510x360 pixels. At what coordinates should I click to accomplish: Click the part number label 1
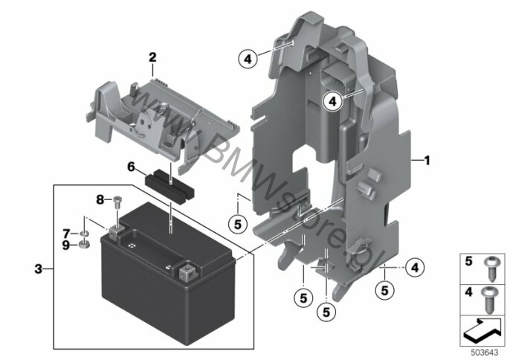[x=427, y=161]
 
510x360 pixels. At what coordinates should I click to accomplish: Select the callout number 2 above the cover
[x=152, y=57]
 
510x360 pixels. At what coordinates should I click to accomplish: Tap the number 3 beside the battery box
[x=39, y=269]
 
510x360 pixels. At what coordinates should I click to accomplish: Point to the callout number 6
[x=131, y=167]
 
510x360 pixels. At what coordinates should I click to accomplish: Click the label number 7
[x=66, y=234]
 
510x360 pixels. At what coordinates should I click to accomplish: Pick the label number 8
[x=100, y=199]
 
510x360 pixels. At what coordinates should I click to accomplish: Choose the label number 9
[x=66, y=245]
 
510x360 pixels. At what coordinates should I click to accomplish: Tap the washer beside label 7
[x=84, y=234]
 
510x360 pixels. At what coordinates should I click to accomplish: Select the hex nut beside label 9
[x=84, y=244]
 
